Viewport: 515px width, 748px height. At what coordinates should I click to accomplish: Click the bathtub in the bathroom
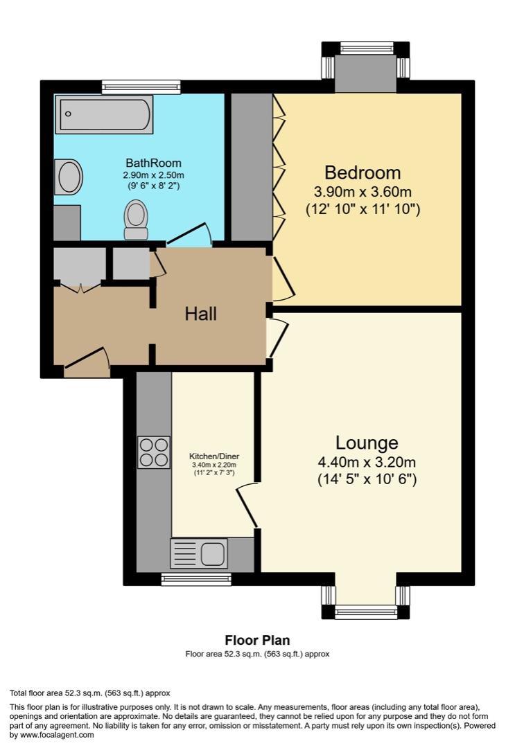point(105,115)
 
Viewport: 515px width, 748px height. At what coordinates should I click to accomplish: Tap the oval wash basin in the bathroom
point(70,177)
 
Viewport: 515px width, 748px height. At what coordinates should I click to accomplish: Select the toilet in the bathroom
point(136,220)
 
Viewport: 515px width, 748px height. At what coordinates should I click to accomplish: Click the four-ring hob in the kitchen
point(153,452)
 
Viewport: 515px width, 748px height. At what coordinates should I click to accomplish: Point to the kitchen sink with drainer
point(198,553)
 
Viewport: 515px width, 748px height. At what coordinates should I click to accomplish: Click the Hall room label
point(200,314)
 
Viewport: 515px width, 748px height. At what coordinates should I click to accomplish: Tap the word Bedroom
point(363,172)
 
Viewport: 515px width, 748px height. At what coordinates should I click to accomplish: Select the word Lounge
point(367,443)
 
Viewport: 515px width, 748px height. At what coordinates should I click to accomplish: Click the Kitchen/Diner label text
point(214,457)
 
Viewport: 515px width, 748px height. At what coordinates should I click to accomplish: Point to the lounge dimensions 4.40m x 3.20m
point(367,462)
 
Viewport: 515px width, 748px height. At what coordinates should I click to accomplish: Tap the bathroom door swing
point(189,234)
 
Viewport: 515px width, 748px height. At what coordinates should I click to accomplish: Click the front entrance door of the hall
point(87,362)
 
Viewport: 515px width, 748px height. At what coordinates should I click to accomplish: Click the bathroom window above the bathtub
point(141,87)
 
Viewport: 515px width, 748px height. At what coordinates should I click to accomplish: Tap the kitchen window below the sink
point(196,579)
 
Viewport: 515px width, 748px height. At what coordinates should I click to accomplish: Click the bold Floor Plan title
point(257,641)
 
